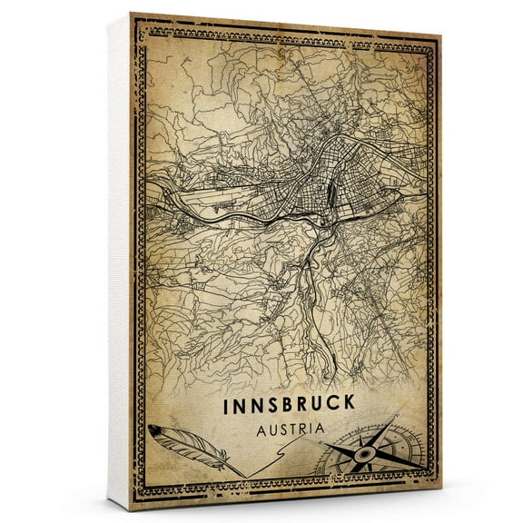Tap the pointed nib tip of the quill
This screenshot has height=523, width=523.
[242, 475]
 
